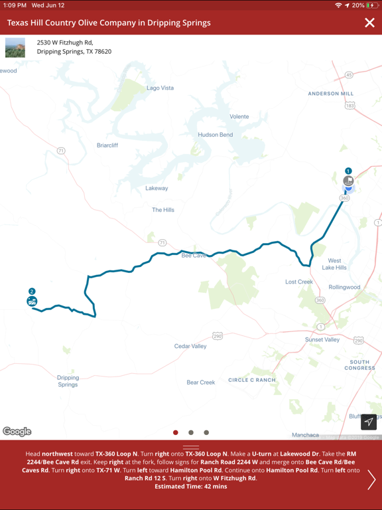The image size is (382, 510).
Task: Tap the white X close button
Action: coord(369,23)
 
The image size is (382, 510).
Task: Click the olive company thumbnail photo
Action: coord(15,47)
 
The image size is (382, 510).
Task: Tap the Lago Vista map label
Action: coord(160,88)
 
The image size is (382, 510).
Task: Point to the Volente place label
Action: coord(239,117)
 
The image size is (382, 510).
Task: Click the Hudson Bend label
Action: coord(216,135)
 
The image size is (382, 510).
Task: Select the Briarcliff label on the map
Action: coord(107,145)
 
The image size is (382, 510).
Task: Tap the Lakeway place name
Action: coord(157,188)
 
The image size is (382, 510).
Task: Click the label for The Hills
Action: coord(163,210)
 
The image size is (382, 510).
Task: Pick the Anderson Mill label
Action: coord(331,94)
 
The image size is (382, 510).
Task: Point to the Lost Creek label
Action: coord(299,282)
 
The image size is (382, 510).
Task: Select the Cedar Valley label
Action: coord(190,346)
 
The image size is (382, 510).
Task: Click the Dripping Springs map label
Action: coord(68,381)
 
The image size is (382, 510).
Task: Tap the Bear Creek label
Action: coord(201,382)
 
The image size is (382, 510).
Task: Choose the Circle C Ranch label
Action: coord(251,380)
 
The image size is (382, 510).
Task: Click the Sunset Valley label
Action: coord(322,339)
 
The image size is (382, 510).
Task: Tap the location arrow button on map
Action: coord(369,422)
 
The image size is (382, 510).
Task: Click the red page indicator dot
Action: coord(176,432)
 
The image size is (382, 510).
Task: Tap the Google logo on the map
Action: coord(17,432)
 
